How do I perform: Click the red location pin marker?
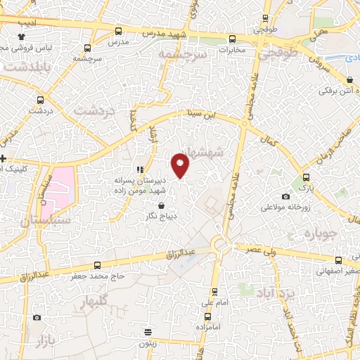click(181, 166)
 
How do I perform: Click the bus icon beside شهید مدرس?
click(117, 31)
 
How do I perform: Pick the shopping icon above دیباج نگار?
click(162, 206)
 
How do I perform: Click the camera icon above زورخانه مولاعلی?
click(285, 197)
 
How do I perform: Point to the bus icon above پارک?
click(306, 177)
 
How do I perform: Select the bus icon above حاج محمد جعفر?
click(97, 265)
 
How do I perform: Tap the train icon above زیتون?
click(148, 332)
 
